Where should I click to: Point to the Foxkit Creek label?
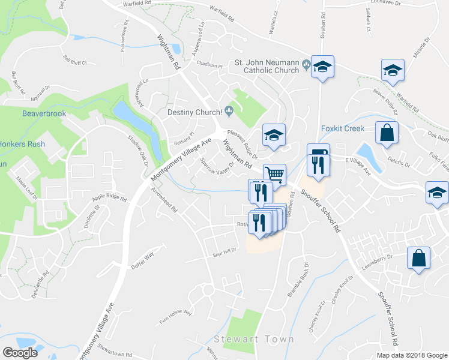point(343,128)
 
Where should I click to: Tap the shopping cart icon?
point(274,174)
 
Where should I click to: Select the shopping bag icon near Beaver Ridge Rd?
point(387,132)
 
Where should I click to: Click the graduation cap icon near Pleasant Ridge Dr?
point(273,134)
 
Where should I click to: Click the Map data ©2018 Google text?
point(412,355)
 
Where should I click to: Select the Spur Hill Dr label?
point(226,250)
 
